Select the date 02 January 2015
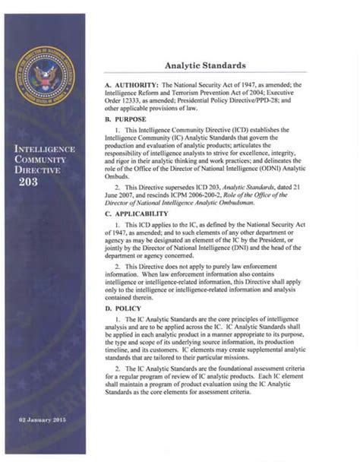tap(45, 420)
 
